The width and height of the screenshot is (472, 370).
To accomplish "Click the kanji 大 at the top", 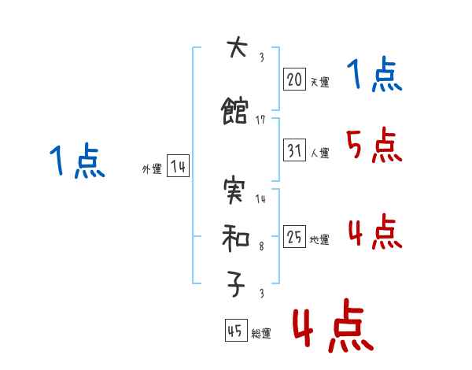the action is tap(235, 49).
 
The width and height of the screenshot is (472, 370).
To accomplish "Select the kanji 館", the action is tap(235, 112).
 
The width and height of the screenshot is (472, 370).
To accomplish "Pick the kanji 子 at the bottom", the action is tap(235, 285).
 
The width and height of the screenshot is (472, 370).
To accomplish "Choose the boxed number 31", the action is tap(295, 150).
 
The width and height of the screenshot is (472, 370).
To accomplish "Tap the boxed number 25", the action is tap(295, 236).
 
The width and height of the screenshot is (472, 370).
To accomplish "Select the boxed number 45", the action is tap(235, 331).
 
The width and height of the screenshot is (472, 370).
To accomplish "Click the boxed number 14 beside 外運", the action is tap(178, 167).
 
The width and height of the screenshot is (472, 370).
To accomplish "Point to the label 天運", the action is tap(319, 81).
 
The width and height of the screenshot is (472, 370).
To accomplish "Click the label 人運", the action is tap(320, 153).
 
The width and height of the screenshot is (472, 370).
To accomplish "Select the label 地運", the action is tap(319, 239).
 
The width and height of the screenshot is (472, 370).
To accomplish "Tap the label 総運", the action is tap(261, 334).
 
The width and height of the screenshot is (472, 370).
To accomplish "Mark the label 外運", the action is tap(151, 169).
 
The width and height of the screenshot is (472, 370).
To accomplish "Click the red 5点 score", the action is tap(373, 145).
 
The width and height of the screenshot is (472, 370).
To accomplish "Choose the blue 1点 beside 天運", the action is tap(374, 76).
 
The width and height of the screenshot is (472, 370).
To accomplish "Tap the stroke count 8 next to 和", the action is tap(261, 247).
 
